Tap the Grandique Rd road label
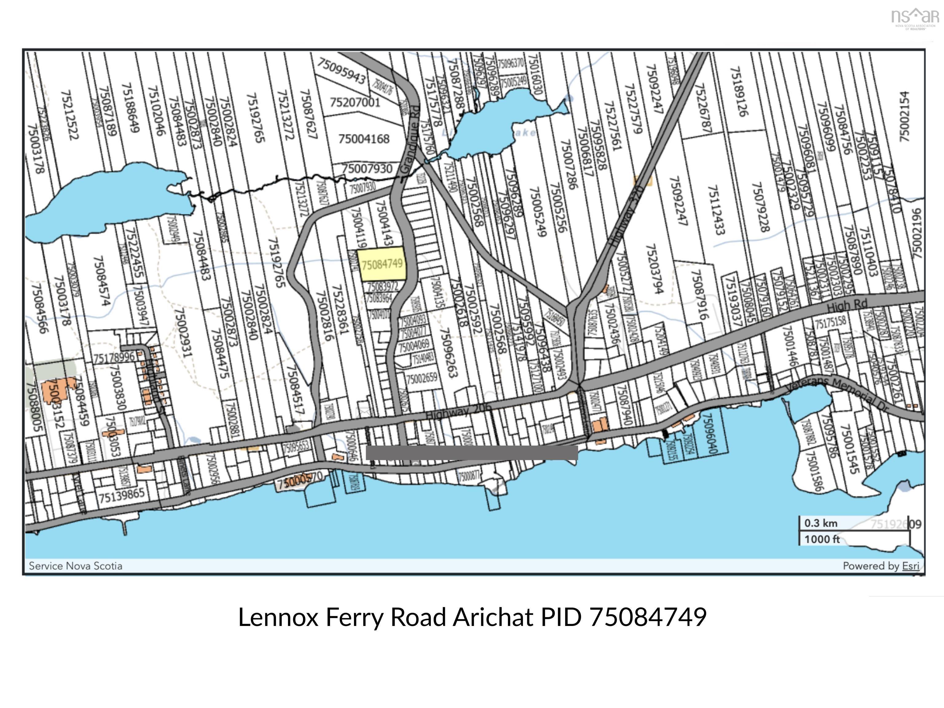point(411,140)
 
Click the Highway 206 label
point(458,412)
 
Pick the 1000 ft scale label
point(822,539)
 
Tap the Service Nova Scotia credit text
point(76,566)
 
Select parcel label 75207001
point(355,102)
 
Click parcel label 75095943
point(341,71)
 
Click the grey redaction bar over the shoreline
point(472,453)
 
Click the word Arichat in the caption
point(493,617)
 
